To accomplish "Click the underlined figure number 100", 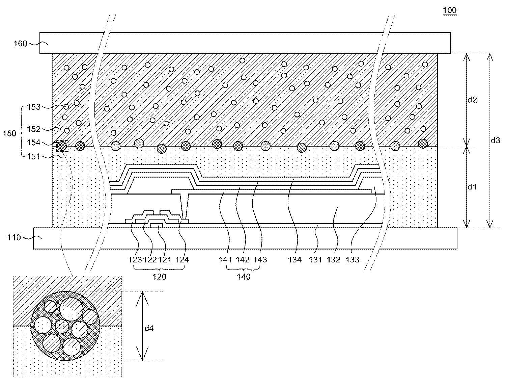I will [x=450, y=10].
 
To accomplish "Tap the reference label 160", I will [x=20, y=44].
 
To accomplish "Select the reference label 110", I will [x=14, y=238].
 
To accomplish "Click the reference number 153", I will [x=34, y=107].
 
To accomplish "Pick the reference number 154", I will [x=34, y=143].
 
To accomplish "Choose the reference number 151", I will [x=34, y=156].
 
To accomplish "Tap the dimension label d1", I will [x=472, y=187].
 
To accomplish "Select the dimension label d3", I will [x=495, y=140].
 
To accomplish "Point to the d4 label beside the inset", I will [x=149, y=328].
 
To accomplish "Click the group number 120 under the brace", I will [x=159, y=277].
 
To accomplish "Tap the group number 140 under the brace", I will [x=244, y=277].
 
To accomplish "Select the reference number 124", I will [x=182, y=260].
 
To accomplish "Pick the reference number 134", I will [x=295, y=260].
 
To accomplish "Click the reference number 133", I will [x=353, y=260].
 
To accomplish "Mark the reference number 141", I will [x=226, y=260].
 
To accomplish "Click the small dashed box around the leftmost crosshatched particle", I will [x=62, y=146].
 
